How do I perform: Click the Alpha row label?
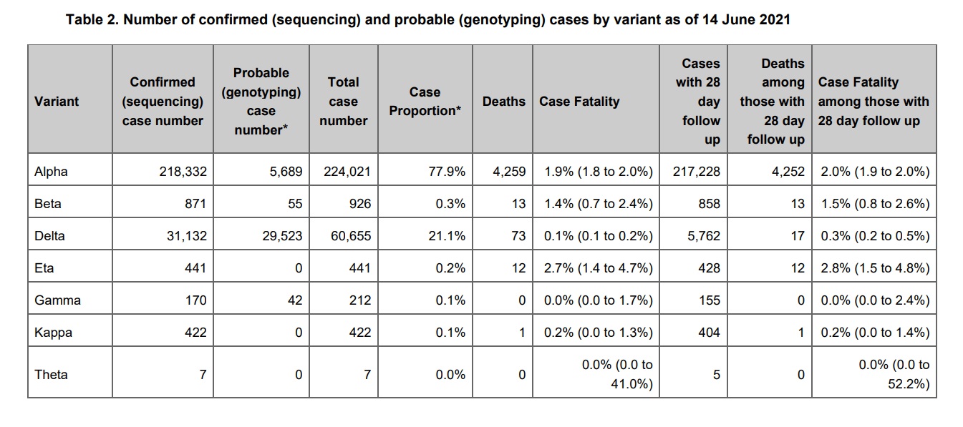pyautogui.click(x=51, y=172)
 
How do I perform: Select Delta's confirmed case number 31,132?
pyautogui.click(x=187, y=236)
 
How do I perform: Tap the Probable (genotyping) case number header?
pyautogui.click(x=261, y=102)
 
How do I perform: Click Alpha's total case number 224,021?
pyautogui.click(x=347, y=172)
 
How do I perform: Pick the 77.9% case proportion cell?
pyautogui.click(x=447, y=172)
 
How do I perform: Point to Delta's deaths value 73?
pyautogui.click(x=518, y=236)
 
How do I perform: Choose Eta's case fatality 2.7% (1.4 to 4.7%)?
pyautogui.click(x=598, y=268)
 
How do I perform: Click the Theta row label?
pyautogui.click(x=51, y=375)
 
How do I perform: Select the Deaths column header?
pyautogui.click(x=504, y=102)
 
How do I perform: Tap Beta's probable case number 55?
pyautogui.click(x=295, y=204)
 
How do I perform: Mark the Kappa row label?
pyautogui.click(x=53, y=333)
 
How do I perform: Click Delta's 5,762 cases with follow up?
pyautogui.click(x=703, y=236)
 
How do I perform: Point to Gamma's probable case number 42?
pyautogui.click(x=295, y=300)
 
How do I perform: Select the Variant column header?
pyautogui.click(x=57, y=102)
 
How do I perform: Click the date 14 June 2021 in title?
pyautogui.click(x=746, y=20)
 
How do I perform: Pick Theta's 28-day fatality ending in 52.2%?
pyautogui.click(x=894, y=374)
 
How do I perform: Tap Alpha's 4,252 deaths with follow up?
pyautogui.click(x=788, y=172)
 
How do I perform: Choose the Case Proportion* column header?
pyautogui.click(x=425, y=102)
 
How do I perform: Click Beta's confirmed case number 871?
pyautogui.click(x=195, y=204)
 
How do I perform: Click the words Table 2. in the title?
pyautogui.click(x=92, y=20)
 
